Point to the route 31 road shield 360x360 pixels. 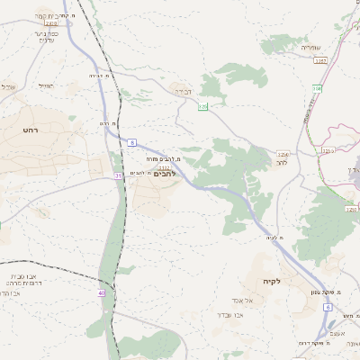(118, 176)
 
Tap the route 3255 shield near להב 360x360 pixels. (283, 154)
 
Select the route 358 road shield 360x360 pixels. (317, 87)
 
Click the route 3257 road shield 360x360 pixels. (320, 59)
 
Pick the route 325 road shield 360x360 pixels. (202, 107)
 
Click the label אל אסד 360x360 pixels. (257, 300)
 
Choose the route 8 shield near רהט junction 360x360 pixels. (132, 142)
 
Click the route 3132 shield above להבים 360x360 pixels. (164, 166)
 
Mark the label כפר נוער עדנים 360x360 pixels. (45, 37)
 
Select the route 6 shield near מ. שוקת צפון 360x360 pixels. (328, 307)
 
